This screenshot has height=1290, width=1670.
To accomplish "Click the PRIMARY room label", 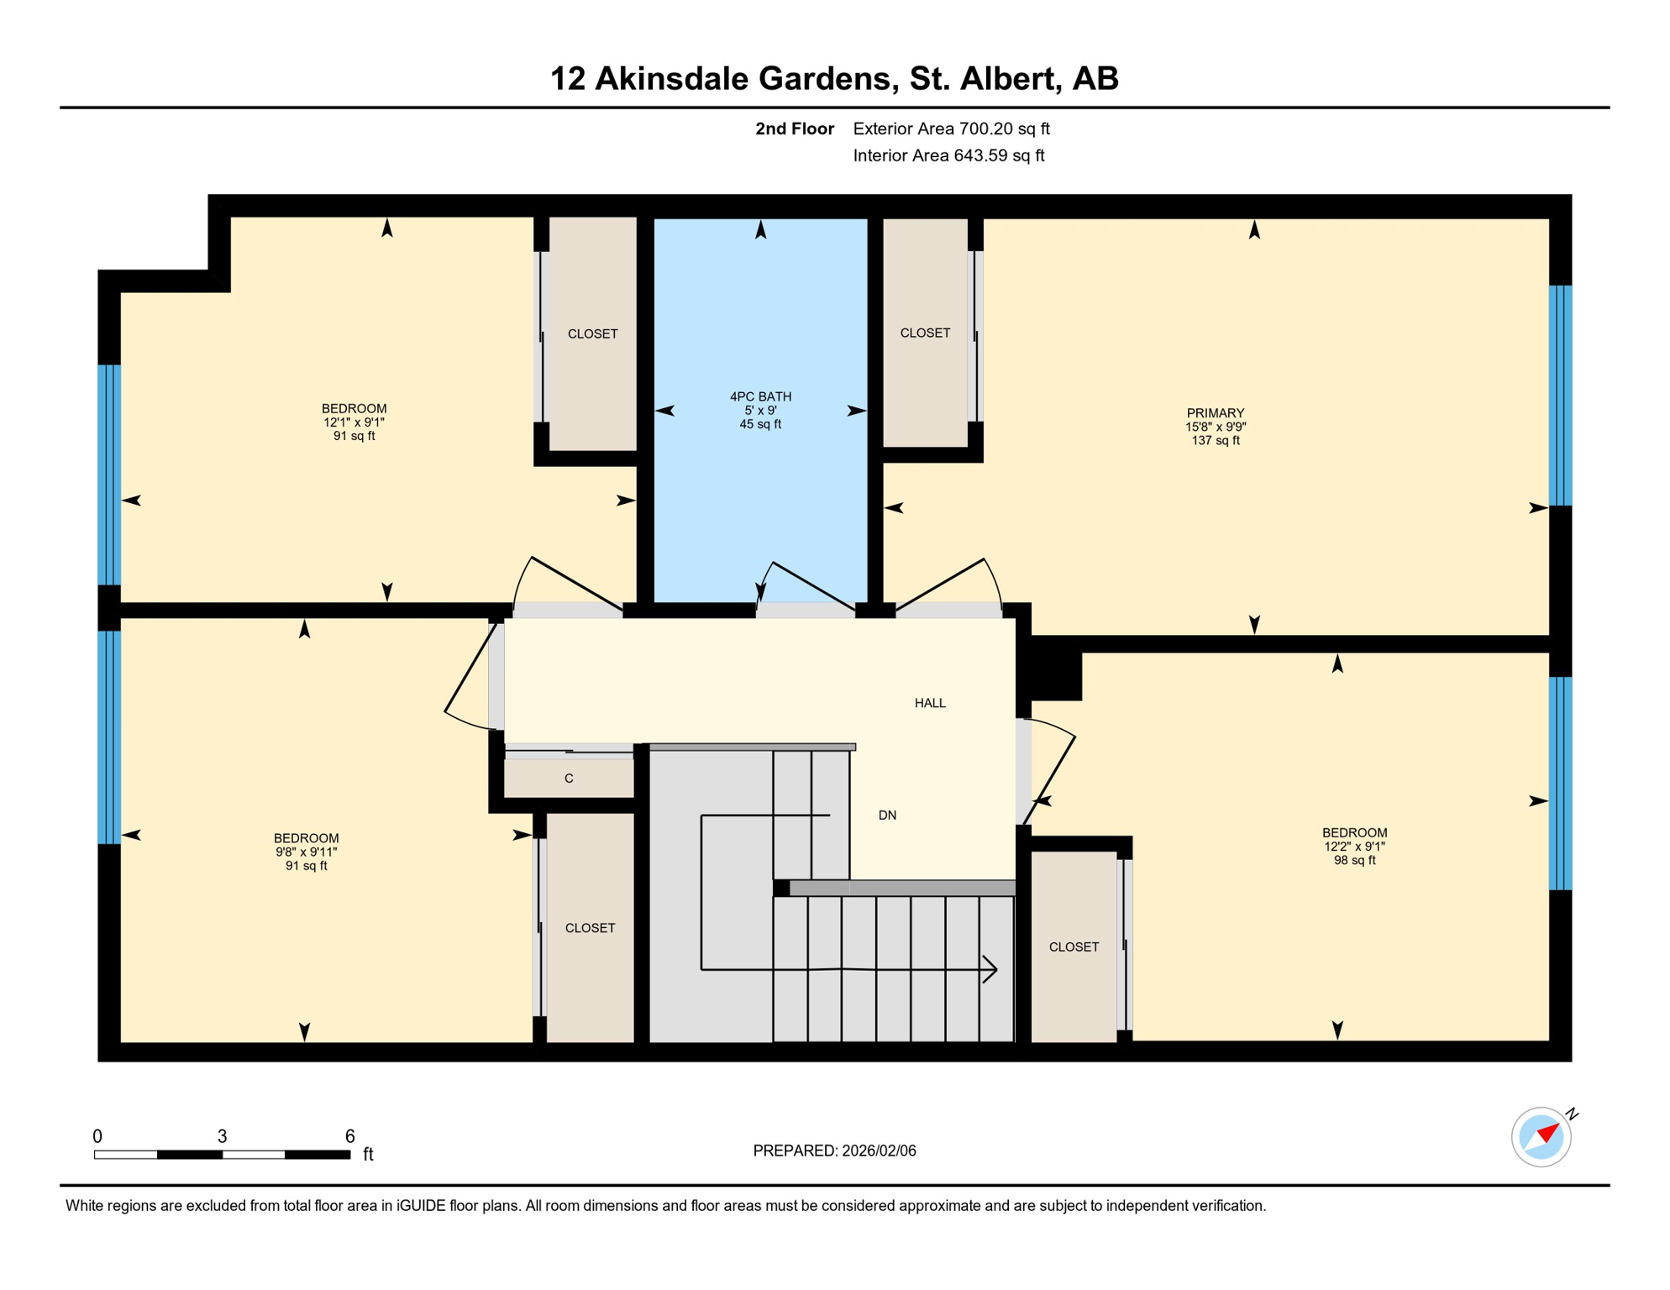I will [x=1215, y=413].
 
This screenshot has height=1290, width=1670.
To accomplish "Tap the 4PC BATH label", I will [x=760, y=396].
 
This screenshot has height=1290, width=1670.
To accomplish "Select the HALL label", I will [x=930, y=703].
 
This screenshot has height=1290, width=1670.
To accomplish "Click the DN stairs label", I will [x=887, y=815].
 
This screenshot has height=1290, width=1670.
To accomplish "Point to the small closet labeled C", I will [x=569, y=779].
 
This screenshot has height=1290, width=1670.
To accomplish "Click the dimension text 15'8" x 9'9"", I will [x=1215, y=427].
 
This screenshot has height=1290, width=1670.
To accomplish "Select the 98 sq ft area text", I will [x=1354, y=861].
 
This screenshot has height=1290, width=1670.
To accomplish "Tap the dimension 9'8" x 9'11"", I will [x=306, y=852].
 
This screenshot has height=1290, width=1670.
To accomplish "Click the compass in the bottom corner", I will [x=1541, y=1137].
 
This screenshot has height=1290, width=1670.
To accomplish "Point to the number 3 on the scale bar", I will [x=222, y=1136].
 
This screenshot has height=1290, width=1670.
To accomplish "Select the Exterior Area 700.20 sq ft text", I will [x=951, y=128].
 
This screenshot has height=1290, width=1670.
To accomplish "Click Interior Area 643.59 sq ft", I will [x=948, y=155].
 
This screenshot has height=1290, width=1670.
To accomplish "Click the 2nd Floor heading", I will [x=794, y=128].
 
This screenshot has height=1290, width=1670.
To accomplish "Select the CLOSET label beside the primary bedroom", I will [x=925, y=333].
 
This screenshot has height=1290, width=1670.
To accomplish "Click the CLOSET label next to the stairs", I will [x=1074, y=947].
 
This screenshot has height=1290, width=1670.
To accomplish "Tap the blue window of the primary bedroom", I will [x=1560, y=396].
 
